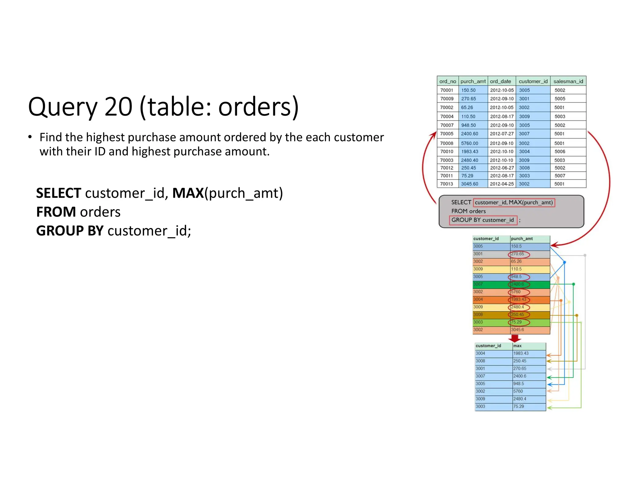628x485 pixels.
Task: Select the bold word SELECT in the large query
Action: [59, 193]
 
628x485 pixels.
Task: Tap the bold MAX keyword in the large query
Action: [188, 193]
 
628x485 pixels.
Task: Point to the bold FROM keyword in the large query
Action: [56, 212]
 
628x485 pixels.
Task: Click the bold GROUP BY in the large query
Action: [70, 231]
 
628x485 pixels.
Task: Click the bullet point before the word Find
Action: [30, 137]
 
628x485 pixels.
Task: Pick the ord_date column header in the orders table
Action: [500, 81]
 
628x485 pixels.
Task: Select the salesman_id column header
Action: [568, 81]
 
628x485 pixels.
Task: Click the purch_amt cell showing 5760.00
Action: [469, 143]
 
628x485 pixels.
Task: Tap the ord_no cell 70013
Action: [446, 184]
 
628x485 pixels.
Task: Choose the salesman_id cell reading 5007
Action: [560, 176]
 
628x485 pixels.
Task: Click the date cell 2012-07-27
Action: [502, 134]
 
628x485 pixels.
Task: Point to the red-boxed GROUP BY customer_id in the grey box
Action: [483, 220]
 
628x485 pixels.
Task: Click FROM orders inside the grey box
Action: [468, 211]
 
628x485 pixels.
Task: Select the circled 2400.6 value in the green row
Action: [518, 284]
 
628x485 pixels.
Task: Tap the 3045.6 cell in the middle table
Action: [518, 330]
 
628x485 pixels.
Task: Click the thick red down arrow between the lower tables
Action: [515, 338]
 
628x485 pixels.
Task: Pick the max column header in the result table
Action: [518, 346]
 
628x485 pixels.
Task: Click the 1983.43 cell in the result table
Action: [521, 353]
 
